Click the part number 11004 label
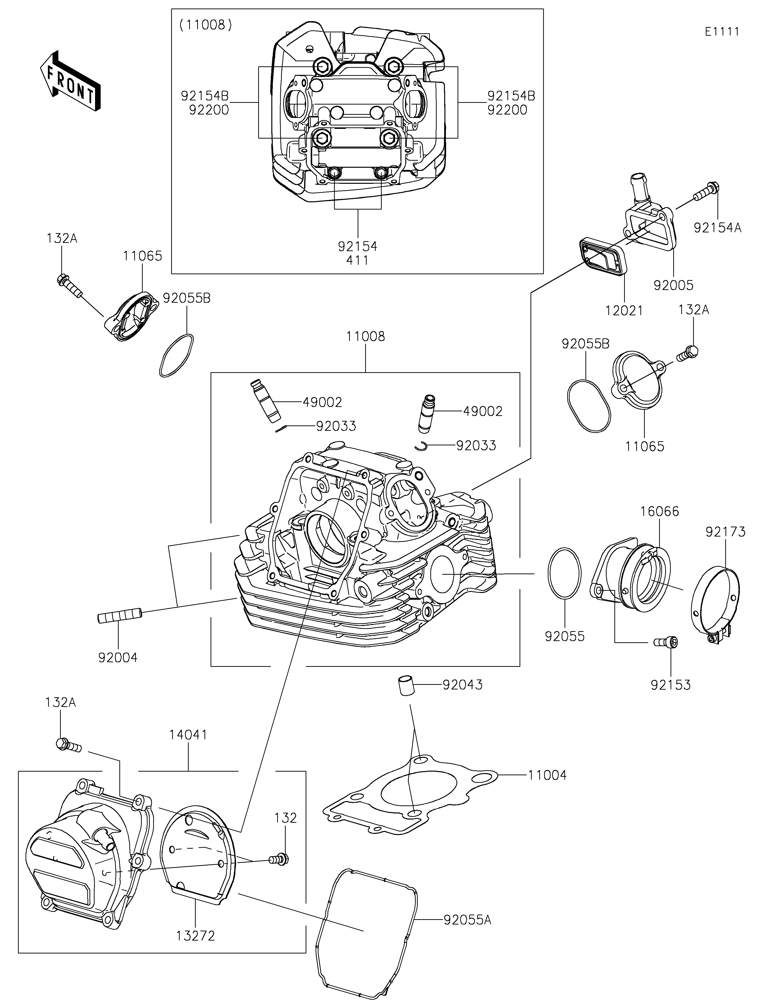(x=547, y=775)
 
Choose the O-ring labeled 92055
(x=565, y=573)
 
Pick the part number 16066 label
(x=659, y=511)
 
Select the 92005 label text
(x=673, y=285)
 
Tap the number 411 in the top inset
(x=357, y=260)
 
